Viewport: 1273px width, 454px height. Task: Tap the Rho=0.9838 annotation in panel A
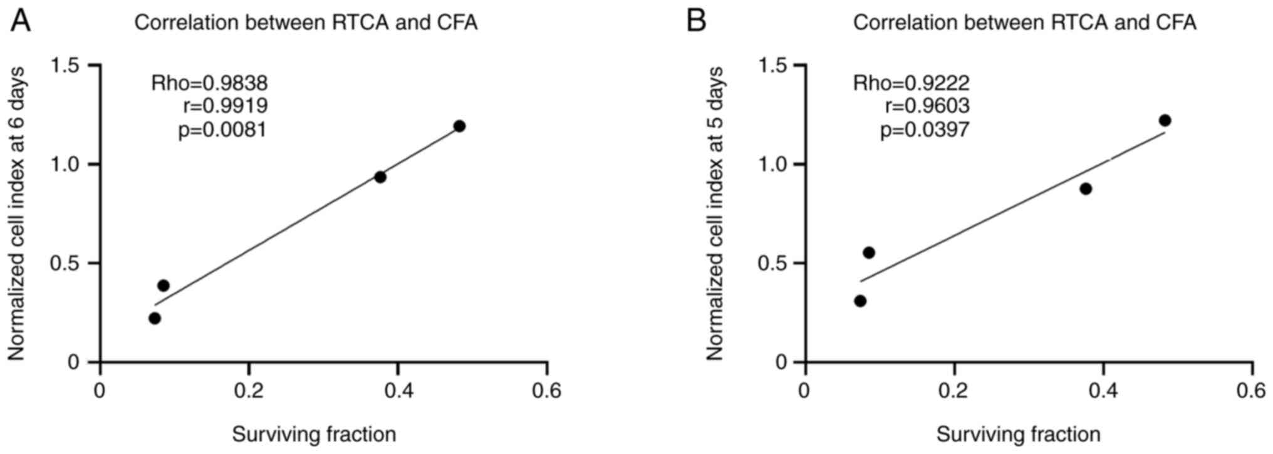(x=209, y=83)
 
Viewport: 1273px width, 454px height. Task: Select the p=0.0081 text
(x=222, y=130)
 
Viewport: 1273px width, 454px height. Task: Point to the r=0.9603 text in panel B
(x=927, y=106)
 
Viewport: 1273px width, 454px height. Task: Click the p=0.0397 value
(x=925, y=130)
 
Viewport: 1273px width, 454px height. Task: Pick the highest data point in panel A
(x=459, y=126)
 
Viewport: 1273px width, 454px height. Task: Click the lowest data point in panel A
(x=155, y=318)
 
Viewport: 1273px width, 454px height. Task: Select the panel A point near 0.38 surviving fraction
(x=380, y=177)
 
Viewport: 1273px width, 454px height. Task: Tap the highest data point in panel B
(x=1165, y=120)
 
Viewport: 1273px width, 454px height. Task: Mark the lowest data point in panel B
(x=860, y=301)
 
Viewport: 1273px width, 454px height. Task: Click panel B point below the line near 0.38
(x=1086, y=188)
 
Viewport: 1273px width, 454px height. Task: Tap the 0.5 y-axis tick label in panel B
(x=772, y=263)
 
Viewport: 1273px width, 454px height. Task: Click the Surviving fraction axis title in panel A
(x=314, y=434)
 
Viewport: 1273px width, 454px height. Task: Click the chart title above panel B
(x=1024, y=23)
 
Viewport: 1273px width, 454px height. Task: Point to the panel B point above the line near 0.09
(x=868, y=252)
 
